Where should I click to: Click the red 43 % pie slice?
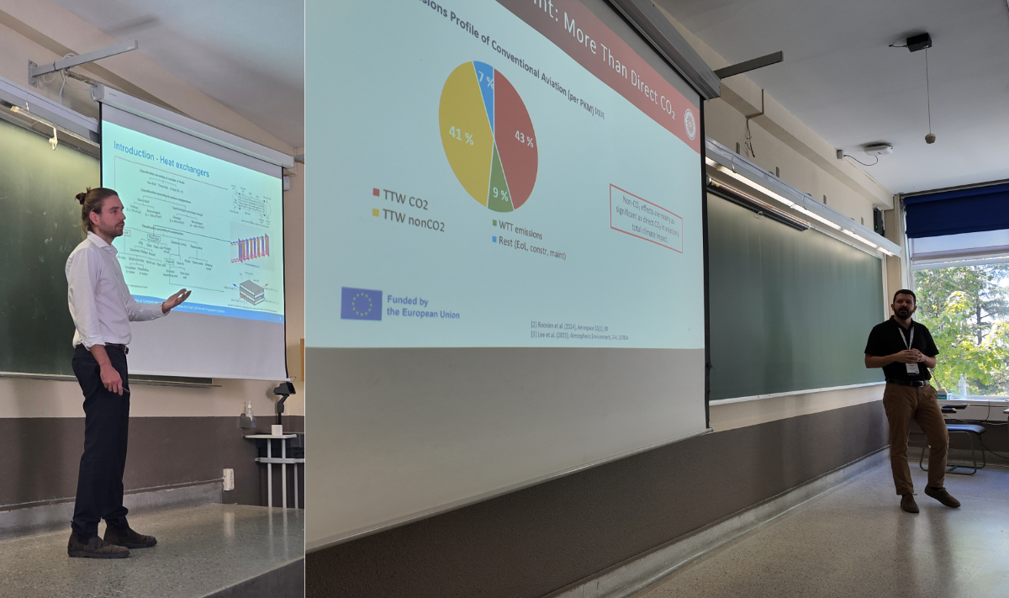coord(515,135)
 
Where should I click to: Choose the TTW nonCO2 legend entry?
coord(408,223)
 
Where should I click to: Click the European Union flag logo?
coord(362,304)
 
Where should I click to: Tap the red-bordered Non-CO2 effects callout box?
coord(645,218)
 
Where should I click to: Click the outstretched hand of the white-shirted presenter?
coord(177,299)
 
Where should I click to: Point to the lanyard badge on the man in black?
coord(911,367)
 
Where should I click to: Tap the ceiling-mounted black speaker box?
coord(918,41)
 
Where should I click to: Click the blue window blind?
coord(956,210)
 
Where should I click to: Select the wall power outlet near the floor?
coord(228,479)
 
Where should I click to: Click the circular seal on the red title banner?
coord(689,124)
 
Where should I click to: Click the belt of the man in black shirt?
coord(908,383)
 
